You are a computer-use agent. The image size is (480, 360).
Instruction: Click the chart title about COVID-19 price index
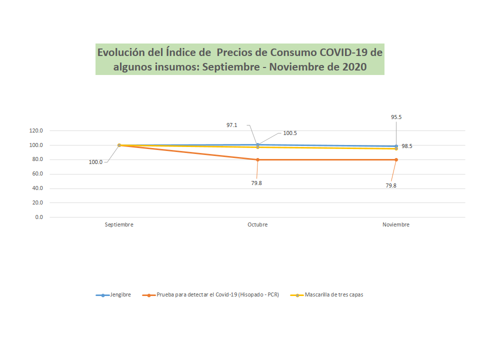tap(240, 59)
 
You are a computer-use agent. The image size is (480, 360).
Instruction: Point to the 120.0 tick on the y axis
tap(36, 131)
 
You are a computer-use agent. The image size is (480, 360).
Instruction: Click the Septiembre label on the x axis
tap(119, 225)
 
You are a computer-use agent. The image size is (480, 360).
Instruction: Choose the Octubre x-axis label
tap(257, 225)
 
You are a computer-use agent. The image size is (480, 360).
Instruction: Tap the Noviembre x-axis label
tap(396, 225)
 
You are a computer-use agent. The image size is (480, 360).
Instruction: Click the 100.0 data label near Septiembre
tap(95, 162)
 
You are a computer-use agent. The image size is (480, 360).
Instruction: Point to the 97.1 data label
tap(231, 125)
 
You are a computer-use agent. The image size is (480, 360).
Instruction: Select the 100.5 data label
tap(290, 133)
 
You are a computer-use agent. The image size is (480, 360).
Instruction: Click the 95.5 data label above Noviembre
tap(396, 117)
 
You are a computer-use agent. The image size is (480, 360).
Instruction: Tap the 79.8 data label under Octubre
tap(256, 183)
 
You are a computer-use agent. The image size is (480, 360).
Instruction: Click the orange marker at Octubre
tap(257, 160)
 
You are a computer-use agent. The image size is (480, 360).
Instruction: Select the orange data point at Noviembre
tap(396, 160)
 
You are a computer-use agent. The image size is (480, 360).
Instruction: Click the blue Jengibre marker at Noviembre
tap(396, 146)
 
